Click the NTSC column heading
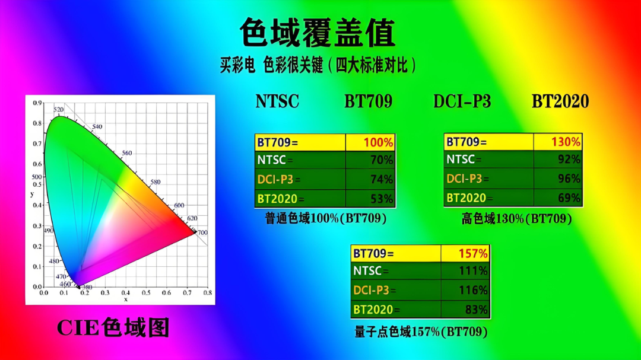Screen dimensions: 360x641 (277, 101)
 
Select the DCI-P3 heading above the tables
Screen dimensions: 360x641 (462, 101)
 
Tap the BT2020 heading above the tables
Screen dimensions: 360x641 (560, 101)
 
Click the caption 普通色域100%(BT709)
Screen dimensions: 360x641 (325, 219)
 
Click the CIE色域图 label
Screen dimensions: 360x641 (113, 327)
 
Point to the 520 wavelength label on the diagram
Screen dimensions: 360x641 (58, 110)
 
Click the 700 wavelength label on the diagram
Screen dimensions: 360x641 (202, 232)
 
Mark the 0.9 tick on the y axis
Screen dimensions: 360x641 (37, 104)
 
